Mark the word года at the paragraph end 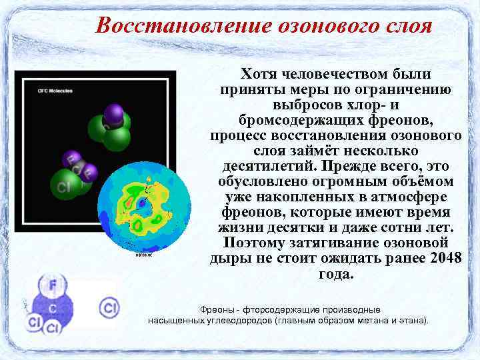coord(336,274)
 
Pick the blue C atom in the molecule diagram coord(52,308)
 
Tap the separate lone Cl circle coord(109,307)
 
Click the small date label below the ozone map coord(144,254)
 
